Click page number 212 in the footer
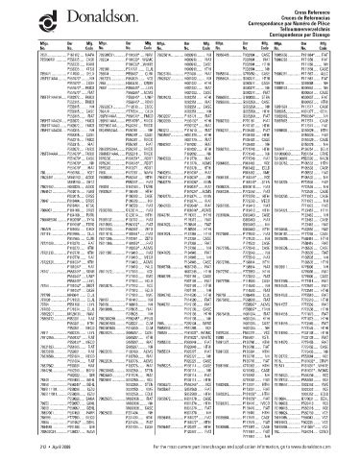pyautogui.click(x=12, y=449)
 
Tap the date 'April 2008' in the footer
pyautogui.click(x=35, y=449)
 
